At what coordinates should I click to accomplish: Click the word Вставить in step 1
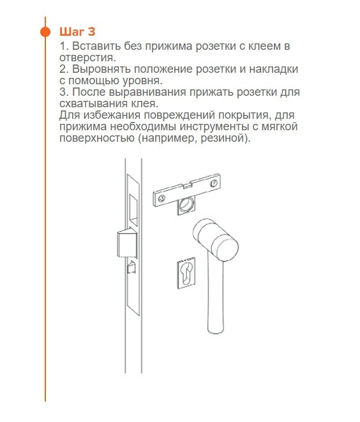click(94, 47)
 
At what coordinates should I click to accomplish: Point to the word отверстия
click(86, 58)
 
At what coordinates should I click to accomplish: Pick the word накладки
click(276, 69)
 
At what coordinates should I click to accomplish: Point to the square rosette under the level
click(186, 205)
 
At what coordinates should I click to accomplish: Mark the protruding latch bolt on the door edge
click(126, 244)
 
